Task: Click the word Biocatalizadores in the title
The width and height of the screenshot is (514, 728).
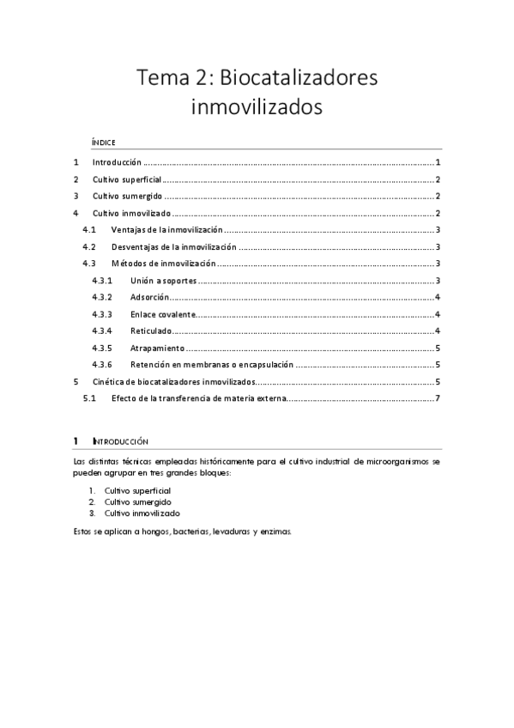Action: [299, 78]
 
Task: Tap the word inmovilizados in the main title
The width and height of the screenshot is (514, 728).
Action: [257, 108]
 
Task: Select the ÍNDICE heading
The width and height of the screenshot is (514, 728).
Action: [103, 143]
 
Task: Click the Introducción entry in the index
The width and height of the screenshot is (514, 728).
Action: [116, 162]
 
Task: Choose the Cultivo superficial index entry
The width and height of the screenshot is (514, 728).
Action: [127, 179]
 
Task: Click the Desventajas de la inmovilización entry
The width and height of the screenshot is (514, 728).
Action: [173, 247]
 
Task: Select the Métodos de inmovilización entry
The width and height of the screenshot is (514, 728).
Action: [163, 264]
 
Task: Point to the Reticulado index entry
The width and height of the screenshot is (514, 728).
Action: [151, 331]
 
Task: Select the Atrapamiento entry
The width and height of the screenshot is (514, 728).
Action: [157, 348]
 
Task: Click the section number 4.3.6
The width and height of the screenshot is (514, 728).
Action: [102, 365]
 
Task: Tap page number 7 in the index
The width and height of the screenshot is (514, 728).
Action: [438, 398]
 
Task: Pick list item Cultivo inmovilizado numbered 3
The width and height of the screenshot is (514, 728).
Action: [142, 513]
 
